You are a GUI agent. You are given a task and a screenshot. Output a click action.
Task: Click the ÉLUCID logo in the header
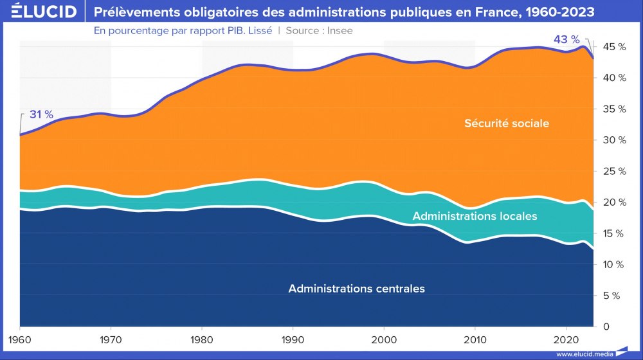(39, 12)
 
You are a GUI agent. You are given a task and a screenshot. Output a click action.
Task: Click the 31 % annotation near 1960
(41, 114)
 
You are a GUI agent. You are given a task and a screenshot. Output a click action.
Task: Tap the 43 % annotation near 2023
(566, 40)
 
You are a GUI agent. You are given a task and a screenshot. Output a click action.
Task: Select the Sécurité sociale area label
(507, 123)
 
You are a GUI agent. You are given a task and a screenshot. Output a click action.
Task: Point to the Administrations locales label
(475, 216)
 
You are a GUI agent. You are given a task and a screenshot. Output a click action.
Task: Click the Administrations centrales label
(356, 289)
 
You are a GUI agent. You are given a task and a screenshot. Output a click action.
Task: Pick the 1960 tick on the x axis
(20, 339)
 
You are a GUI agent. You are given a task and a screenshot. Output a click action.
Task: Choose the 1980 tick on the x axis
(202, 339)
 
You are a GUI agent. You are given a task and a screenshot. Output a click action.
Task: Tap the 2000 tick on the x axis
(384, 339)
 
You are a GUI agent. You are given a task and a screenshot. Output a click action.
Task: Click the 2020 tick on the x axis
(566, 339)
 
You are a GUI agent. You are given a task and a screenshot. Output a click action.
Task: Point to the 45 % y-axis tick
(613, 47)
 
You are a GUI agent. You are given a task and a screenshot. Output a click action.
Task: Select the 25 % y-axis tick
(613, 172)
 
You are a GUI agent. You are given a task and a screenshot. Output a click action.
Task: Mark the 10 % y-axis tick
(613, 265)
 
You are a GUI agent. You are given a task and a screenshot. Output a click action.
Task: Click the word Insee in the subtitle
(340, 30)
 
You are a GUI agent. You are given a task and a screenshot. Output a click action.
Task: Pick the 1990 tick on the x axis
(293, 339)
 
